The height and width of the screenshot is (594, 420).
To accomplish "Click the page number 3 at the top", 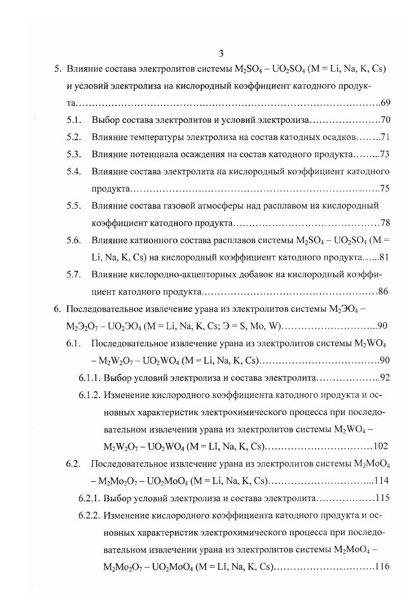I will [x=221, y=53].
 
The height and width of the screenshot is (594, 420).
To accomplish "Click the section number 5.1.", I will [x=73, y=120].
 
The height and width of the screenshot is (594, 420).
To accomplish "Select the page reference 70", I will [x=385, y=120].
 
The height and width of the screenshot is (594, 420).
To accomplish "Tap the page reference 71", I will [x=385, y=138].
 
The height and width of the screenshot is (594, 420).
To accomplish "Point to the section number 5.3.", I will [x=73, y=155].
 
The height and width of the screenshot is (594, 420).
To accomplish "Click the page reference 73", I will [x=385, y=155].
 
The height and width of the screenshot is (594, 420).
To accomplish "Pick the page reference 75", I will [x=385, y=189].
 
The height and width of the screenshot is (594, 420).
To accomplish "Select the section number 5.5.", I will [x=73, y=206].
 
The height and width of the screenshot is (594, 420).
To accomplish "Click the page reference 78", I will [x=385, y=223].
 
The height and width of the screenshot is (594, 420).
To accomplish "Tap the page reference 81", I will [x=385, y=257].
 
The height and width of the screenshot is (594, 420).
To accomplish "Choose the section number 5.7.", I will [x=73, y=275].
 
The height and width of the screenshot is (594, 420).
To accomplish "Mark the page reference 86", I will [x=385, y=292].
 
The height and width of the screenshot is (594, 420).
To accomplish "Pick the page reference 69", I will [x=385, y=103].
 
